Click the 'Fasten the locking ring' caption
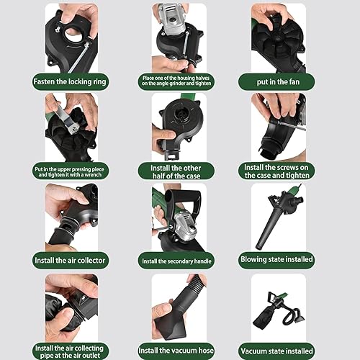click(x=70, y=82)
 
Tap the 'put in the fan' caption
click(x=278, y=82)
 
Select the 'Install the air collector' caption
click(x=70, y=261)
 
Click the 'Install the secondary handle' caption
click(x=176, y=261)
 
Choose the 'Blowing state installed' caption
click(x=276, y=259)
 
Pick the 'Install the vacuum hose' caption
click(x=176, y=351)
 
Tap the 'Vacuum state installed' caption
click(x=276, y=351)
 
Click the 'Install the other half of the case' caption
click(x=176, y=172)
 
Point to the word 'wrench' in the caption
click(x=91, y=175)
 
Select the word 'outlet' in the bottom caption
click(x=89, y=356)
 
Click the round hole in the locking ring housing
click(x=73, y=33)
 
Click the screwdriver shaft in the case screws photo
click(x=292, y=127)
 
